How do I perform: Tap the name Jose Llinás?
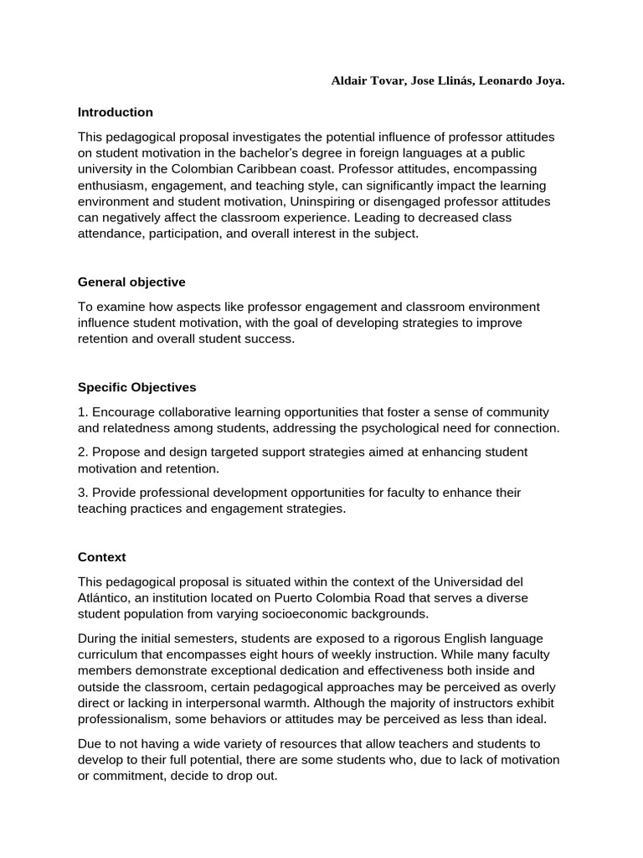444,80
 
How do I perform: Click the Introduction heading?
116,112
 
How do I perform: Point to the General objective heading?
131,282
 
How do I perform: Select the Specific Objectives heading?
137,387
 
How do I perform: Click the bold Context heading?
101,556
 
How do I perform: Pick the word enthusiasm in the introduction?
113,185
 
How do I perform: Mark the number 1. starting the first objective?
83,412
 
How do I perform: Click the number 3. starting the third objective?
83,493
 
